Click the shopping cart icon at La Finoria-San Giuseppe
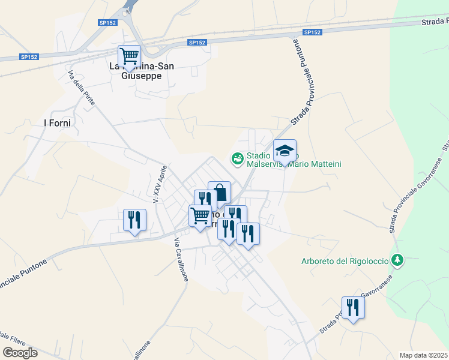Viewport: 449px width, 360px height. tap(129, 57)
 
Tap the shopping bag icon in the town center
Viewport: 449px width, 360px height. tap(219, 193)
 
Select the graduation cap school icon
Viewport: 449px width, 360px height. tap(285, 151)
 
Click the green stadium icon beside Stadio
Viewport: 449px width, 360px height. tap(237, 158)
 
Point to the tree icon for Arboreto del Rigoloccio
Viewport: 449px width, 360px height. tap(396, 260)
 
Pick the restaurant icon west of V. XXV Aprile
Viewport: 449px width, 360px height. tap(134, 220)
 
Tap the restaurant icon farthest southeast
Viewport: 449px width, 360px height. tap(353, 308)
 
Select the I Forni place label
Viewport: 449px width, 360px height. tap(58, 123)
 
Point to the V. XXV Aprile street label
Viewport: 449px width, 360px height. tap(159, 184)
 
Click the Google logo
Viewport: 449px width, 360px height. tap(20, 353)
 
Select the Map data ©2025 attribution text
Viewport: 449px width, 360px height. tap(423, 355)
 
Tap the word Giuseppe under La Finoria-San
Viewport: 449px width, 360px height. tap(142, 76)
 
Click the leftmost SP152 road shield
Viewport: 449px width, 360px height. tap(29, 57)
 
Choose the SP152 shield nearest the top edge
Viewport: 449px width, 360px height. tap(108, 23)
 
